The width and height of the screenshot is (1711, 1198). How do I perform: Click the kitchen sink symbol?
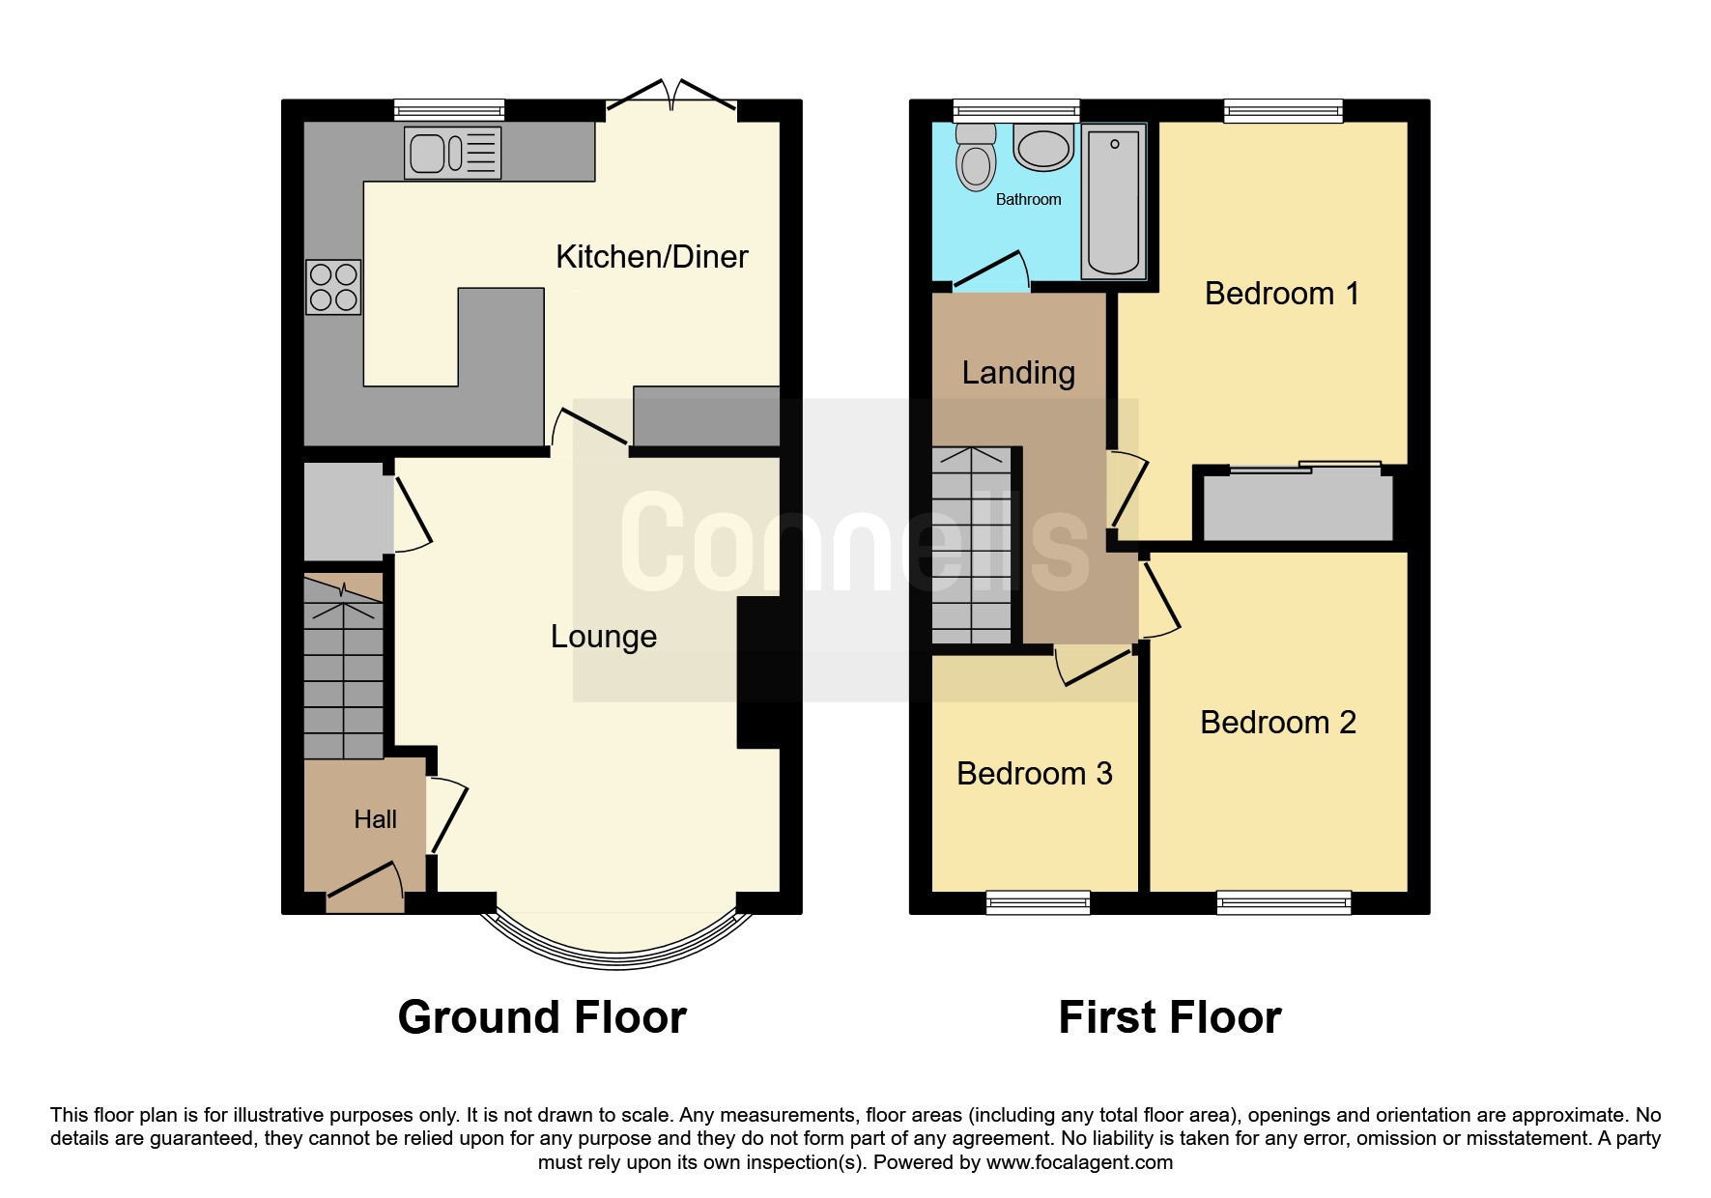pyautogui.click(x=452, y=153)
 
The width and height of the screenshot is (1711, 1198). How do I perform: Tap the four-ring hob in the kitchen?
pyautogui.click(x=333, y=287)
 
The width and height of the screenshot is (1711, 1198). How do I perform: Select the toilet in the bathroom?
pyautogui.click(x=976, y=159)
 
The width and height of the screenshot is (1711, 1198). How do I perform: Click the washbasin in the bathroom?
pyautogui.click(x=1043, y=148)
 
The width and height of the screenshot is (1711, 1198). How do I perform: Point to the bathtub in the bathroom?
pyautogui.click(x=1113, y=201)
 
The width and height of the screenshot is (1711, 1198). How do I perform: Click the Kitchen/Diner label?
pyautogui.click(x=651, y=257)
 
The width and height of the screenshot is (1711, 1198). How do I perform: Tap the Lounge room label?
pyautogui.click(x=603, y=637)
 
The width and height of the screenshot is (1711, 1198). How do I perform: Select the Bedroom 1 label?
pyautogui.click(x=1281, y=294)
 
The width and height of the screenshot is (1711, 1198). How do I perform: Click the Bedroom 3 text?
pyautogui.click(x=1034, y=774)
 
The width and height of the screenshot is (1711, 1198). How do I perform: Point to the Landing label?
pyautogui.click(x=1018, y=373)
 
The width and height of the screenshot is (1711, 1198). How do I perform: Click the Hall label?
pyautogui.click(x=375, y=820)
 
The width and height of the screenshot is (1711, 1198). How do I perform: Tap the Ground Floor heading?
pyautogui.click(x=542, y=1017)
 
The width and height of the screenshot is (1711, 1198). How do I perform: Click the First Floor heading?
pyautogui.click(x=1169, y=1017)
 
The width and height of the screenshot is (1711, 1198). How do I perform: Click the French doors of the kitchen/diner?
pyautogui.click(x=671, y=97)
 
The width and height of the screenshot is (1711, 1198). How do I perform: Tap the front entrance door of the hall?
pyautogui.click(x=365, y=887)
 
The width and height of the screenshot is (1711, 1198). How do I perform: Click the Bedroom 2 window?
pyautogui.click(x=1283, y=903)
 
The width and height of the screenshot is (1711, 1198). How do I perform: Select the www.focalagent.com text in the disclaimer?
pyautogui.click(x=1079, y=1162)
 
